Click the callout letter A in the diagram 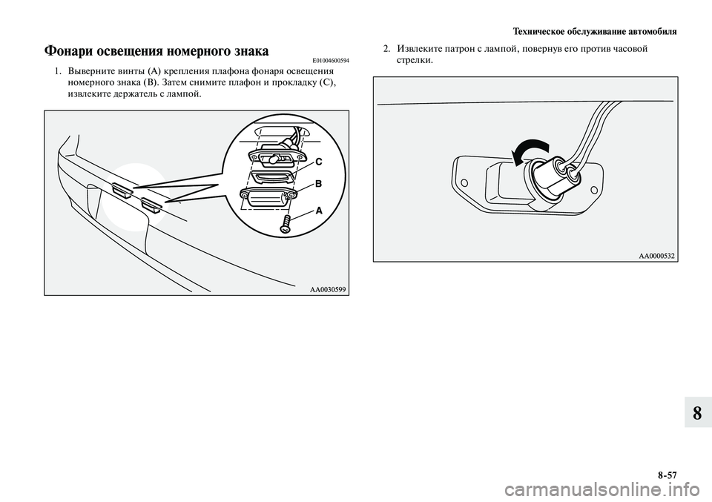click(x=319, y=211)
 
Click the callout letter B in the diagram click(x=318, y=182)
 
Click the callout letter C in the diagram click(x=318, y=161)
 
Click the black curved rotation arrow click(x=529, y=151)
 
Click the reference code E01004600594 click(x=326, y=60)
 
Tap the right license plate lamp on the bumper click(x=152, y=203)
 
